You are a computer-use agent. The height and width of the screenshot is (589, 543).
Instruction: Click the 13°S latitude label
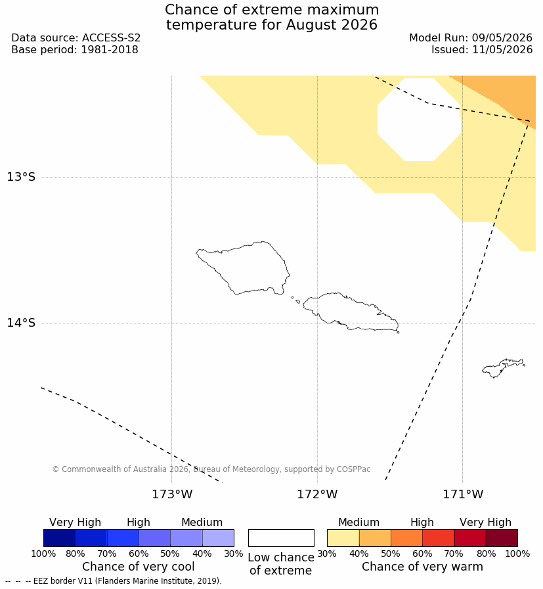click(x=21, y=177)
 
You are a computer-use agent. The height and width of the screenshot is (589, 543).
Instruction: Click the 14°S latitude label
click(x=21, y=322)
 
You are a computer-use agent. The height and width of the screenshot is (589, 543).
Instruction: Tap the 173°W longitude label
click(x=172, y=494)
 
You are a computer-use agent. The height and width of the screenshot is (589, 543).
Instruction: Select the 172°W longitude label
click(x=317, y=494)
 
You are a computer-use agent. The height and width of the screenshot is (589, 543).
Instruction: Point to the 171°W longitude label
click(x=463, y=494)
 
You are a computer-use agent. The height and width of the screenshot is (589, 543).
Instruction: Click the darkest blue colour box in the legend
click(x=59, y=538)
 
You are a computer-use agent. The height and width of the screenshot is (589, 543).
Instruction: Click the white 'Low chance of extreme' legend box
click(x=281, y=538)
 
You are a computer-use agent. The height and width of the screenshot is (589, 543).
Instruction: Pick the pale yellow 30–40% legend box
click(x=343, y=538)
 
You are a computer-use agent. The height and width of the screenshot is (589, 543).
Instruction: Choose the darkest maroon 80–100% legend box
click(x=502, y=538)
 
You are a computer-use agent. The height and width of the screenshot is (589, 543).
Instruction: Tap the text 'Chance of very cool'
click(x=138, y=567)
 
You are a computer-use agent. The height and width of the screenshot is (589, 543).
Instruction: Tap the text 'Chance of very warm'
click(x=422, y=567)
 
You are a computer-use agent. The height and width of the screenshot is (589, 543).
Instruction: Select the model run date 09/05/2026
click(x=502, y=38)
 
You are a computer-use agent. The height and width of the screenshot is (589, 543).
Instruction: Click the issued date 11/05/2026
click(x=502, y=49)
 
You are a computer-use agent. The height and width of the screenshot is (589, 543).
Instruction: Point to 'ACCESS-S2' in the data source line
click(x=111, y=38)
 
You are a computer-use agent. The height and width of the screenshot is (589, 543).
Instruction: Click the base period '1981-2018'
click(x=110, y=49)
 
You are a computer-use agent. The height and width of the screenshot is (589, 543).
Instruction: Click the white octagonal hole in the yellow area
click(x=419, y=120)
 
